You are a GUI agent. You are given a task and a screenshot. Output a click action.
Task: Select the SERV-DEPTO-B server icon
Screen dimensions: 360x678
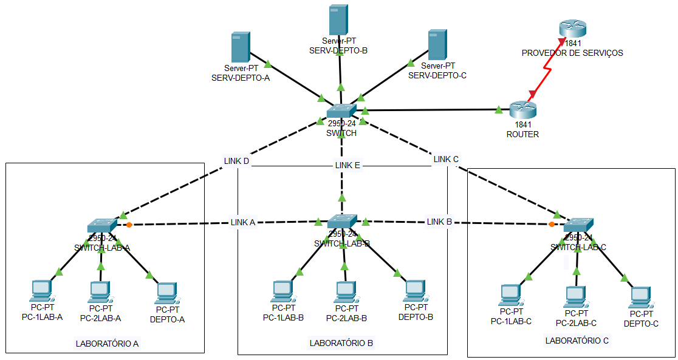tap(338, 20)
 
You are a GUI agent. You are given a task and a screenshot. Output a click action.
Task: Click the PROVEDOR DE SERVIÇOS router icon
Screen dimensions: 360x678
tap(572, 28)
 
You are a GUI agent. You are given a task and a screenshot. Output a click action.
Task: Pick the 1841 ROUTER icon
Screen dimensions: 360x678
tap(523, 109)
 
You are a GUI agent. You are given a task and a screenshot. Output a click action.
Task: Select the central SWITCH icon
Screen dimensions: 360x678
tap(341, 110)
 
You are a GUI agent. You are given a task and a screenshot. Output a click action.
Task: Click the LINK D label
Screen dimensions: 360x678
tap(236, 161)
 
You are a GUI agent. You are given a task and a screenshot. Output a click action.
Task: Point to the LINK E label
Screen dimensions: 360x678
tap(348, 165)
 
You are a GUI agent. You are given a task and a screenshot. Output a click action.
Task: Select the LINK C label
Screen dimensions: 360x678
tap(446, 159)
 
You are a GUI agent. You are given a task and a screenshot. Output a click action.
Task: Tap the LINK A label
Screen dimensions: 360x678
tap(242, 222)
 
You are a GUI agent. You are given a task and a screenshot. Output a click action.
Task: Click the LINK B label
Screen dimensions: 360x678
tap(439, 222)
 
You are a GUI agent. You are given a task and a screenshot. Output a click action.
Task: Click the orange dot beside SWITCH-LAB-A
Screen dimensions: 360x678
tap(129, 225)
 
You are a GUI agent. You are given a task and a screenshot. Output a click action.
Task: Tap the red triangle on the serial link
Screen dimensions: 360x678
tap(533, 93)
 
